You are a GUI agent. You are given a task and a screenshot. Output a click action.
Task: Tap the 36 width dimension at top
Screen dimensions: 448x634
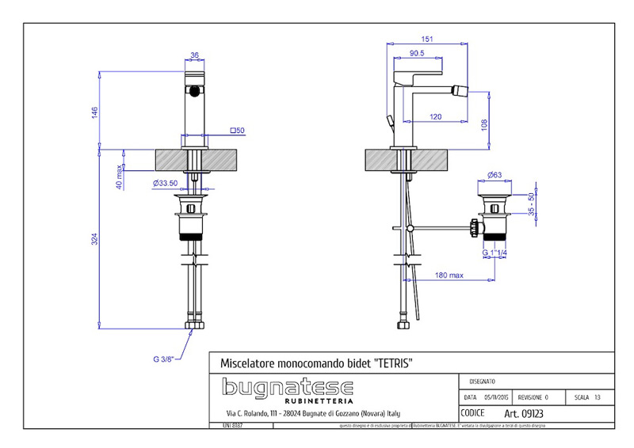194,55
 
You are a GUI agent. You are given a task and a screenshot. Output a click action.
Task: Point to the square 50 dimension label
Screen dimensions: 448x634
237,130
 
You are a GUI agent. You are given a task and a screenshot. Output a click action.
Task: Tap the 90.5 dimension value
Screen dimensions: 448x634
417,54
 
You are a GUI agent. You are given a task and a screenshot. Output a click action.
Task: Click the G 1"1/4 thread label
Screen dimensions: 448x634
496,252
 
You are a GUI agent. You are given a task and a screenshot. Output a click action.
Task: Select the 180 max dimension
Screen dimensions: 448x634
450,275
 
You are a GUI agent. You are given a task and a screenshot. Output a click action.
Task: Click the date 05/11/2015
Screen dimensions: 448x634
498,397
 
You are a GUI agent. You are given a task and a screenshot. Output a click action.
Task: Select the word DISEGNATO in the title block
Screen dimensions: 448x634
483,381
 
